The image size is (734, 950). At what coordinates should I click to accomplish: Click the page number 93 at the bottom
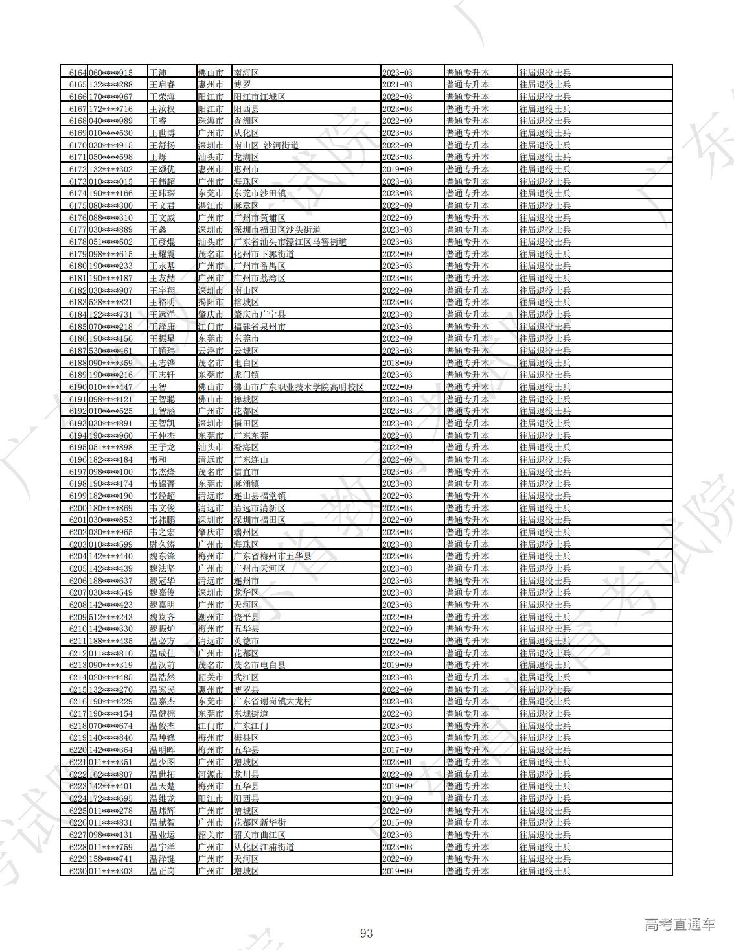(366, 933)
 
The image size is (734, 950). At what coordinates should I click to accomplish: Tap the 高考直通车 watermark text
(680, 925)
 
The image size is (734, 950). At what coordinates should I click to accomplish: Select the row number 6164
(78, 73)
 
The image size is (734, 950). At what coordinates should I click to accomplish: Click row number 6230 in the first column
(78, 871)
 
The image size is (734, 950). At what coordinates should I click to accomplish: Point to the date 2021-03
(397, 85)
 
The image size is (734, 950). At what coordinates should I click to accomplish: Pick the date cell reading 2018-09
(397, 363)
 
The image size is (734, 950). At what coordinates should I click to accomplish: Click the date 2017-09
(397, 750)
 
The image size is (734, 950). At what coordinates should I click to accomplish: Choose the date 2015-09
(397, 822)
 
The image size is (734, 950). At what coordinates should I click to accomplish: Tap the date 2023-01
(397, 762)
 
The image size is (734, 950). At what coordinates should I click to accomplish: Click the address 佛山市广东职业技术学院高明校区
(299, 387)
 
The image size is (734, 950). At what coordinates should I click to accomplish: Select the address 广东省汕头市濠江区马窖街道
(290, 242)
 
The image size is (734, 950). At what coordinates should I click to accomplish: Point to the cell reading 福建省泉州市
(259, 327)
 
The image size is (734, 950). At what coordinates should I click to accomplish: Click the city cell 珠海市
(211, 121)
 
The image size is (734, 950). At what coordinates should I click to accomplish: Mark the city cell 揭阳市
(211, 303)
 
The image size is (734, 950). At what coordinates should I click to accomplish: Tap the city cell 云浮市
(211, 351)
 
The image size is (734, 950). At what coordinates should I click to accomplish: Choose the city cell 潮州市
(211, 617)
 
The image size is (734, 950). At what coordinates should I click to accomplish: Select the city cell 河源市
(211, 774)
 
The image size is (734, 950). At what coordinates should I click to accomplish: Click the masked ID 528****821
(111, 303)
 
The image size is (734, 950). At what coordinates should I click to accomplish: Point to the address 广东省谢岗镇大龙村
(272, 702)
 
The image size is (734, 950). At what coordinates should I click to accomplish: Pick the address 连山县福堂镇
(259, 496)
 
